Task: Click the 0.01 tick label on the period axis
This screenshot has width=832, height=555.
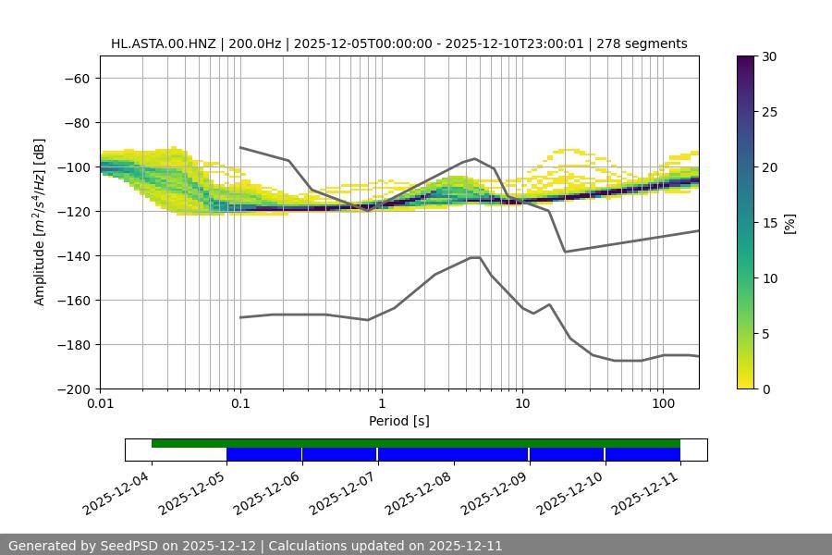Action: (100, 404)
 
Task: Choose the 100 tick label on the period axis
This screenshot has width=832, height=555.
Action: (663, 404)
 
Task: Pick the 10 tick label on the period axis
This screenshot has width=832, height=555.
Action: (522, 404)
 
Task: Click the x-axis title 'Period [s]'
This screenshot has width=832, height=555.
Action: (399, 421)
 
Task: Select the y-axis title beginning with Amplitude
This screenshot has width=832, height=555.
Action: (40, 222)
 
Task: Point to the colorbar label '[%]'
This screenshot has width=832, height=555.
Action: (789, 222)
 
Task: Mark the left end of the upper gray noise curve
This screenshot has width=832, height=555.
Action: (240, 147)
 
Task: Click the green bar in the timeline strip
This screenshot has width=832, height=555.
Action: (416, 443)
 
